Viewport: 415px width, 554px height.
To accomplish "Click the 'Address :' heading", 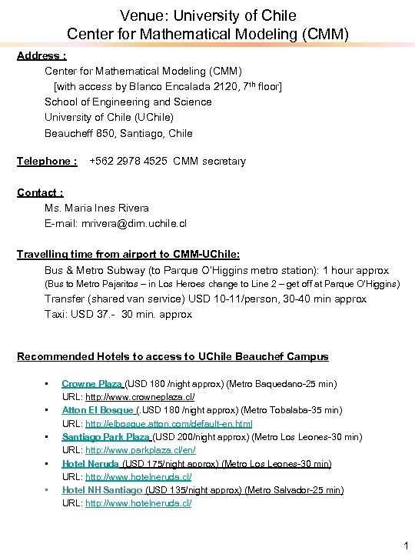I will (x=41, y=55).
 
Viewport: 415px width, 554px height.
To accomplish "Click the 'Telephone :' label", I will (x=47, y=161).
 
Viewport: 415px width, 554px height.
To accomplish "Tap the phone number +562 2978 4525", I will (x=129, y=161).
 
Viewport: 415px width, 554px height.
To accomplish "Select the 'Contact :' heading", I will (x=40, y=192).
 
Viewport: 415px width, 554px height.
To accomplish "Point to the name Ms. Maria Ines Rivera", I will (x=97, y=208).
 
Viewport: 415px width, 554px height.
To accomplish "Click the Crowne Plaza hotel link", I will (x=92, y=383).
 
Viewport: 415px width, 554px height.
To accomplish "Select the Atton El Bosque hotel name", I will (x=98, y=410).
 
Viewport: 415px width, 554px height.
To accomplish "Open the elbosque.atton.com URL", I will (x=168, y=424).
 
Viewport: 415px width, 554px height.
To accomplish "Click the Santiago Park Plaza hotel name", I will (x=107, y=437).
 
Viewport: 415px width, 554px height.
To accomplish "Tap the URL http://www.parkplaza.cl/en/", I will (x=140, y=450).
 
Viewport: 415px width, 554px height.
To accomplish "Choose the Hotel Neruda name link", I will (x=90, y=464).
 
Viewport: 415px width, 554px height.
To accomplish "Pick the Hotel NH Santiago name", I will (x=101, y=490).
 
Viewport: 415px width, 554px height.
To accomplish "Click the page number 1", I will (x=405, y=546).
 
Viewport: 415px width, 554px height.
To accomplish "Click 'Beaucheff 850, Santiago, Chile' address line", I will (x=118, y=133).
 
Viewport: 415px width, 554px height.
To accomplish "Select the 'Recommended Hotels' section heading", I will (x=172, y=356).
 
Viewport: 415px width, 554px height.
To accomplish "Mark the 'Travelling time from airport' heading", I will (x=128, y=254).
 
